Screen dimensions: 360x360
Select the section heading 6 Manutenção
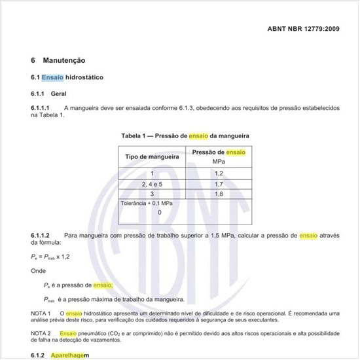[x=58, y=60]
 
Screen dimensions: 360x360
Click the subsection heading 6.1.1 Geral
[x=48, y=94]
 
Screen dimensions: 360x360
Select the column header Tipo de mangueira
[x=152, y=157]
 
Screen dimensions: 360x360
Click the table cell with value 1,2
[x=219, y=173]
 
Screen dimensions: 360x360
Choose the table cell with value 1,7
[x=219, y=184]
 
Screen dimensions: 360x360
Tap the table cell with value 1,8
[x=219, y=194]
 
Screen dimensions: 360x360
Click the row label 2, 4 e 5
[x=152, y=184]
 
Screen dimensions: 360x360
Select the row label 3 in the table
[x=152, y=194]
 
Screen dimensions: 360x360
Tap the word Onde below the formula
[x=38, y=270]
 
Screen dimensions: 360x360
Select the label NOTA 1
[x=41, y=314]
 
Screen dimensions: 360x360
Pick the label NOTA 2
[x=41, y=333]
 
